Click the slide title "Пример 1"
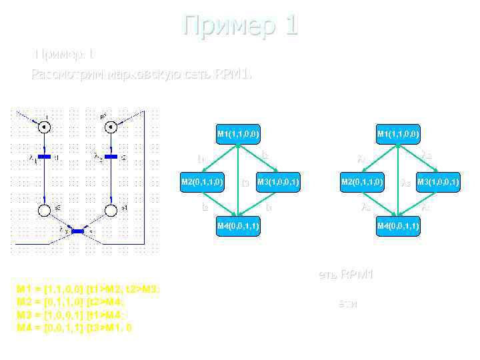point(241,26)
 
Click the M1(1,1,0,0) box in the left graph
point(237,134)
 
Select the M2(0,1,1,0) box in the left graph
point(203,181)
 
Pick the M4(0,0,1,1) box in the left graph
point(237,227)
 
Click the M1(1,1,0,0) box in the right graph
point(397,134)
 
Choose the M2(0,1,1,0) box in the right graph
point(362,181)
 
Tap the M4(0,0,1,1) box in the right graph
point(397,227)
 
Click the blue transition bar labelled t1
point(44,157)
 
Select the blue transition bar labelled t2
point(111,157)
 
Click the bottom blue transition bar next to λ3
point(78,231)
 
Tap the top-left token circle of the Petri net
point(44,126)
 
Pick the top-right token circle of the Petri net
point(111,126)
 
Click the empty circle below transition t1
point(44,211)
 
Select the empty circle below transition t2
point(111,211)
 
